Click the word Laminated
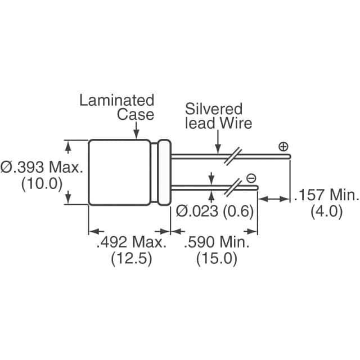coord(116,101)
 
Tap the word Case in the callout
coord(135,114)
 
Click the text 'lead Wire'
coord(219,123)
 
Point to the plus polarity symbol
coord(283,147)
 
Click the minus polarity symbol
coord(251,179)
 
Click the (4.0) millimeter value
coord(327,211)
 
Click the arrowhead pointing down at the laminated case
coord(137,134)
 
